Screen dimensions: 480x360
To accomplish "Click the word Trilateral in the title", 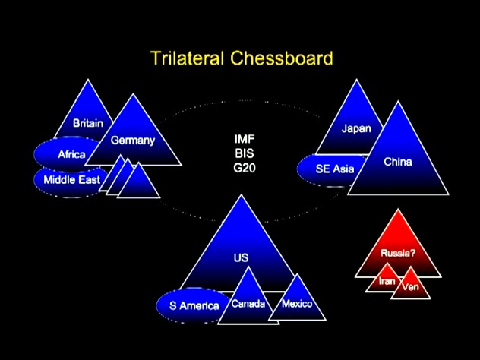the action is pyautogui.click(x=187, y=58).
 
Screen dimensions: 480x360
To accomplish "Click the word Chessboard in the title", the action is pyautogui.click(x=282, y=58).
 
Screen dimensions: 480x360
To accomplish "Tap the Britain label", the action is pyautogui.click(x=88, y=123).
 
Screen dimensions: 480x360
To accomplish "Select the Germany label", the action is pyautogui.click(x=133, y=141).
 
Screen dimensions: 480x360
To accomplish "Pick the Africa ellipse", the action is pyautogui.click(x=68, y=154).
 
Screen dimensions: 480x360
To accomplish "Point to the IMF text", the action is pyautogui.click(x=245, y=139).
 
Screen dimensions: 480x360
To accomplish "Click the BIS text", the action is pyautogui.click(x=245, y=153).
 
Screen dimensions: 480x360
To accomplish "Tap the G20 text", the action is pyautogui.click(x=245, y=168).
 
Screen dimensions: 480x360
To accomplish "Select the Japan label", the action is pyautogui.click(x=356, y=128).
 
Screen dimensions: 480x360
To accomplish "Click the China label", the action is pyautogui.click(x=398, y=162).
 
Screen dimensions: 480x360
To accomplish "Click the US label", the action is pyautogui.click(x=241, y=257).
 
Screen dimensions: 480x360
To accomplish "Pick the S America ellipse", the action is pyautogui.click(x=194, y=305).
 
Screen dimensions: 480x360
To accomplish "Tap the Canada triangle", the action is pyautogui.click(x=248, y=303).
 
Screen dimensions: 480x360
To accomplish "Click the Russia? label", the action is pyautogui.click(x=398, y=253).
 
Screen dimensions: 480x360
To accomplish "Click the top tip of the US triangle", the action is pyautogui.click(x=242, y=194).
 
